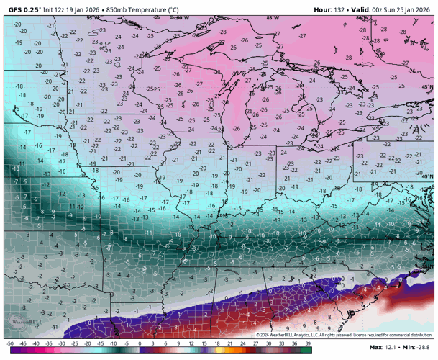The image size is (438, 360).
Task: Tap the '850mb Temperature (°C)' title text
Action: click(142, 10)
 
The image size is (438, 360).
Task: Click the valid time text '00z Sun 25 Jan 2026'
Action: click(400, 10)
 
